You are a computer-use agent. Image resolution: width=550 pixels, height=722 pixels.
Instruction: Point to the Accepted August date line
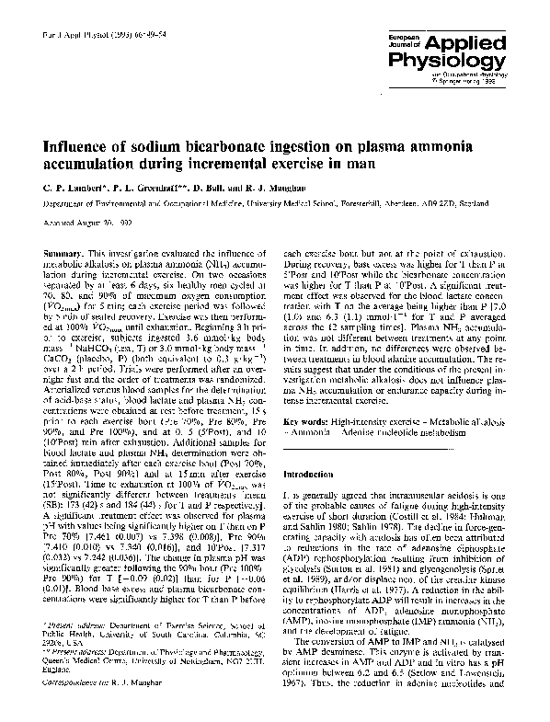(x=81, y=223)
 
